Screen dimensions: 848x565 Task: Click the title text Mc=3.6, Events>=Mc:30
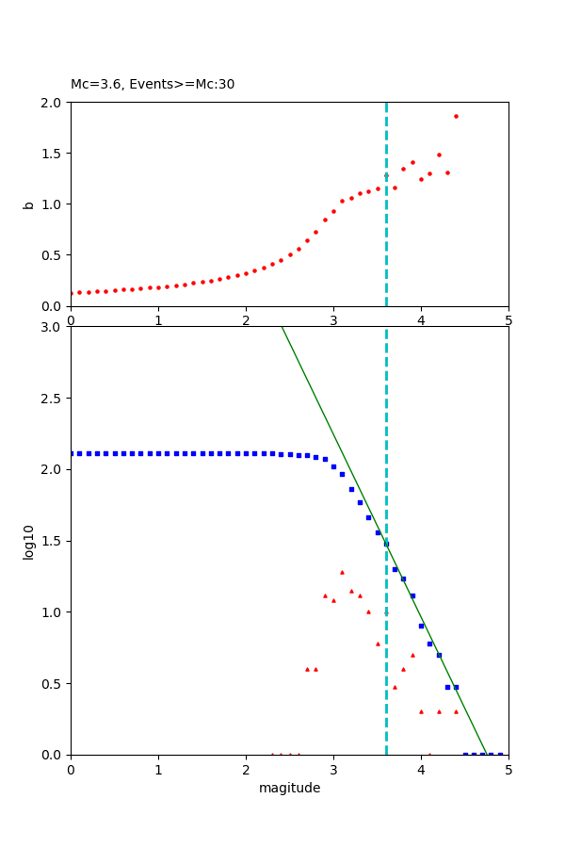point(153,85)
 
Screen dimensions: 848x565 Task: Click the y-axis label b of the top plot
point(28,204)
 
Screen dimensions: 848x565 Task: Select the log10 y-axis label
point(28,542)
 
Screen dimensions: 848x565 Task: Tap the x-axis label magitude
point(289,788)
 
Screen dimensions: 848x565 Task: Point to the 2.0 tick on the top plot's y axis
point(55,103)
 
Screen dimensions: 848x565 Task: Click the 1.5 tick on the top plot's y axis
point(55,154)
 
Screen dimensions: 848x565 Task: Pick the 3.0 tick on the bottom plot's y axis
point(55,327)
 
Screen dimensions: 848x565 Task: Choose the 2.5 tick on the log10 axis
point(55,399)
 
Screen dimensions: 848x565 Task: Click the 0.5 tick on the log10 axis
point(55,684)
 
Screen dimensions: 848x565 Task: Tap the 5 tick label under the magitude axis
point(508,770)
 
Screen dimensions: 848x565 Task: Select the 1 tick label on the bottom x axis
point(158,770)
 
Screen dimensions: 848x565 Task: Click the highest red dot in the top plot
point(456,117)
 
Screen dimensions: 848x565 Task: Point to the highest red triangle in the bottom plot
point(342,572)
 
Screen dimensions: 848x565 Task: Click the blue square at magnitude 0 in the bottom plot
point(72,453)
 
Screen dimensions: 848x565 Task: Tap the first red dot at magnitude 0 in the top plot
point(72,293)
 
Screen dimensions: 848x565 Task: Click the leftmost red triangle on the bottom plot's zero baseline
point(272,754)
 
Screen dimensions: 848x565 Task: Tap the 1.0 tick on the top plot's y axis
point(55,204)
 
